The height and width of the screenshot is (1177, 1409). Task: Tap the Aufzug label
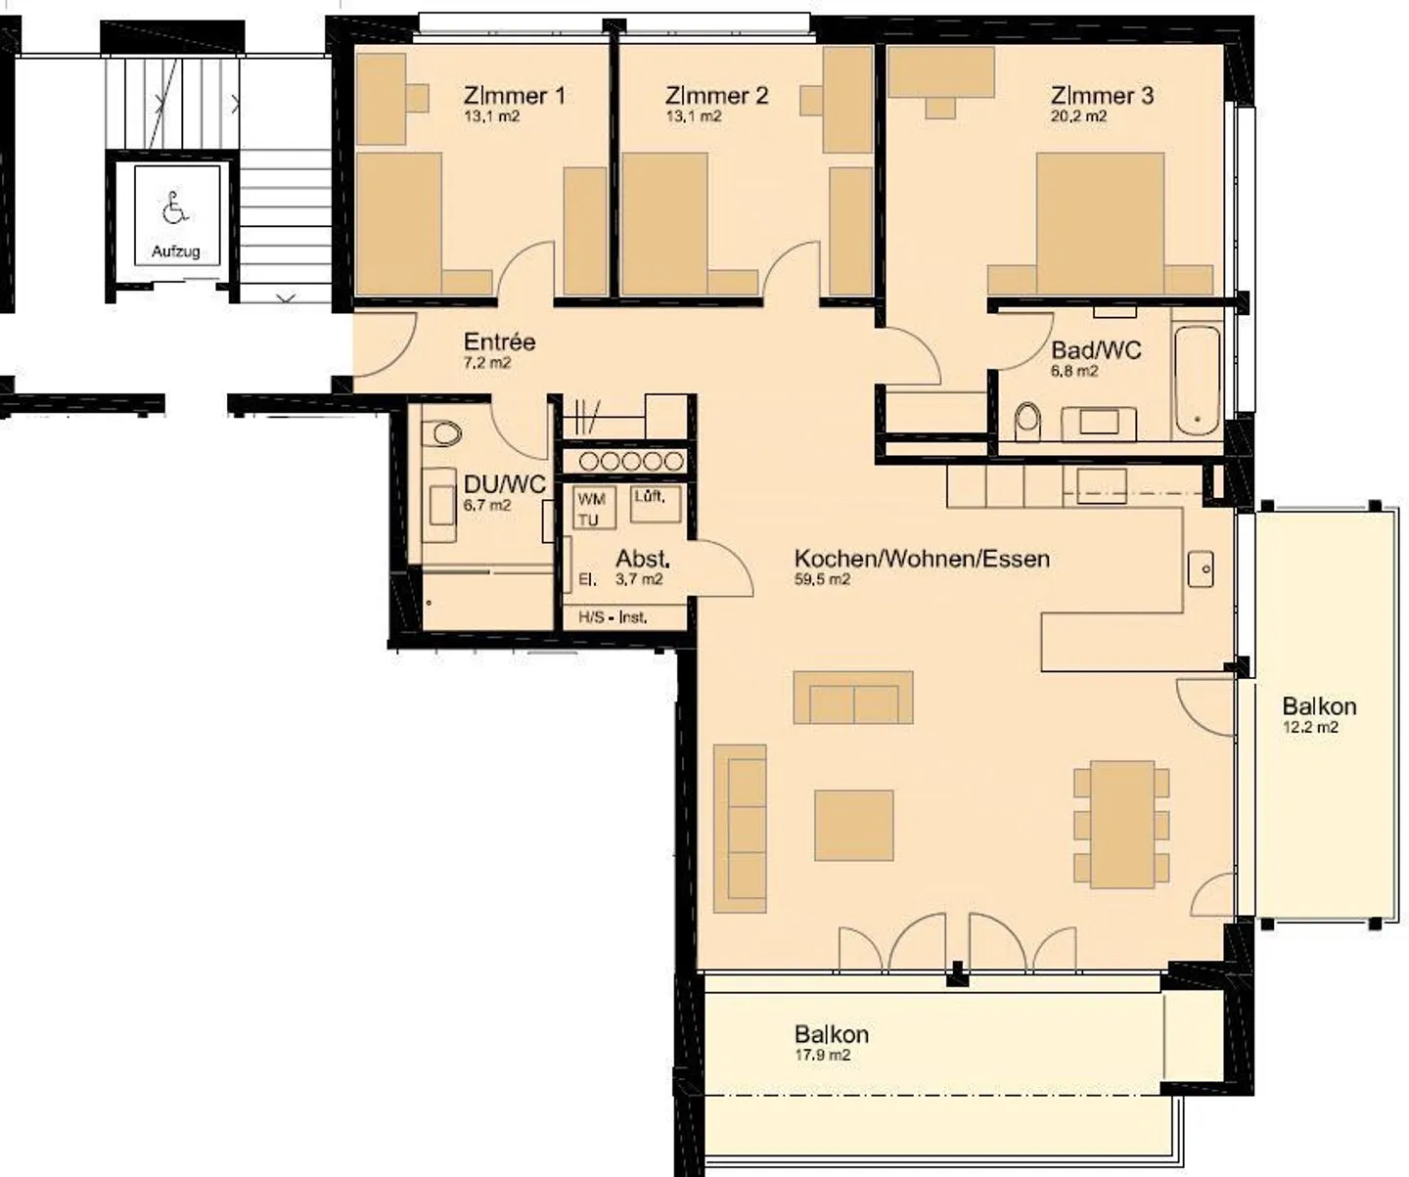point(175,251)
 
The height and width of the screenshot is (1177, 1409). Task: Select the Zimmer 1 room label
point(515,95)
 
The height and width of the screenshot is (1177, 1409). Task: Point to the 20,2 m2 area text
point(1077,116)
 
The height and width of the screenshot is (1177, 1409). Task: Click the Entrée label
point(499,341)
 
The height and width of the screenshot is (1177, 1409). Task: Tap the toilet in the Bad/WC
point(1027,422)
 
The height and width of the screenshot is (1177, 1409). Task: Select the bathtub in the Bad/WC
point(1197,381)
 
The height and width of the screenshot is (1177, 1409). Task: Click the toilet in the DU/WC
point(442,433)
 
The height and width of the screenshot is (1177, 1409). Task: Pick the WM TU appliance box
point(595,507)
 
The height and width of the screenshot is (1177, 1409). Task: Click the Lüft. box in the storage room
point(656,504)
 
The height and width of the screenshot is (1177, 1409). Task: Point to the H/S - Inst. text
point(613,616)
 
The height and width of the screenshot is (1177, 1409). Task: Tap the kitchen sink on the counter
point(1201,568)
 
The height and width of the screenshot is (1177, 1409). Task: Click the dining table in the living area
point(1121,824)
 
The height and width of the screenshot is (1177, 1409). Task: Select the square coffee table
point(853,826)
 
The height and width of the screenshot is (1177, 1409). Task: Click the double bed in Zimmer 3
point(1100,223)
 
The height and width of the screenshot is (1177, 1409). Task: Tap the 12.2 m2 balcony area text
point(1310,728)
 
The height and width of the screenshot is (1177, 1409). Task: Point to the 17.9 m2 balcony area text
point(822,1055)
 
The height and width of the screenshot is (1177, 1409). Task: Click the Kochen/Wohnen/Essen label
point(922,559)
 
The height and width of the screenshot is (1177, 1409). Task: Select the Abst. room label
point(643,559)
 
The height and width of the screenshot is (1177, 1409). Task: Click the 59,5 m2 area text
point(822,579)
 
